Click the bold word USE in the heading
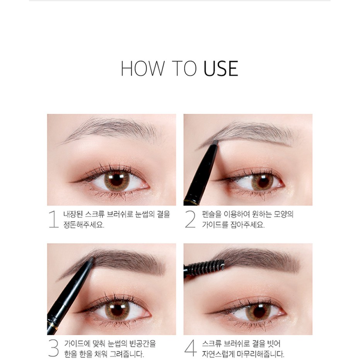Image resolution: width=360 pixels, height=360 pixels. pos(221,68)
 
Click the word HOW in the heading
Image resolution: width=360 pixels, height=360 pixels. pos(143,68)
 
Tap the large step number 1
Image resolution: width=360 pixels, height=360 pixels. pos(53,219)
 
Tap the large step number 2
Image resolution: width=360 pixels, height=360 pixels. pos(190,219)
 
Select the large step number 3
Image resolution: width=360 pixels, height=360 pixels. pos(53,349)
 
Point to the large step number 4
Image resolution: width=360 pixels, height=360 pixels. pos(191,348)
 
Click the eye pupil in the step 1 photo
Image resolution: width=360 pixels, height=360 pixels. pos(117,180)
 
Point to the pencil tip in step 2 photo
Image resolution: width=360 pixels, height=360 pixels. pos(215,142)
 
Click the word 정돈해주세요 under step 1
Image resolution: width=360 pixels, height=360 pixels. pos(84,225)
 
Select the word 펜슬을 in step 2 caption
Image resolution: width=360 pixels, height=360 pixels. pos(212,215)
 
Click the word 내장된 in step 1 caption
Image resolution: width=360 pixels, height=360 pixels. pos(73,215)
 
